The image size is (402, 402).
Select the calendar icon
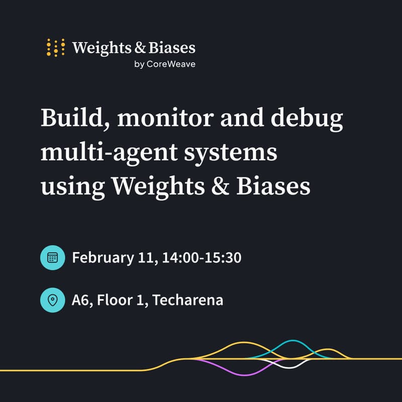tap(53, 258)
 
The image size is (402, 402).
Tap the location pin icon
tap(53, 300)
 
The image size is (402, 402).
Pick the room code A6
tap(80, 300)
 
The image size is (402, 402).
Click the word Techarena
tap(188, 300)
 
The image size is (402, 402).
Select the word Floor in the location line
tap(114, 300)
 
